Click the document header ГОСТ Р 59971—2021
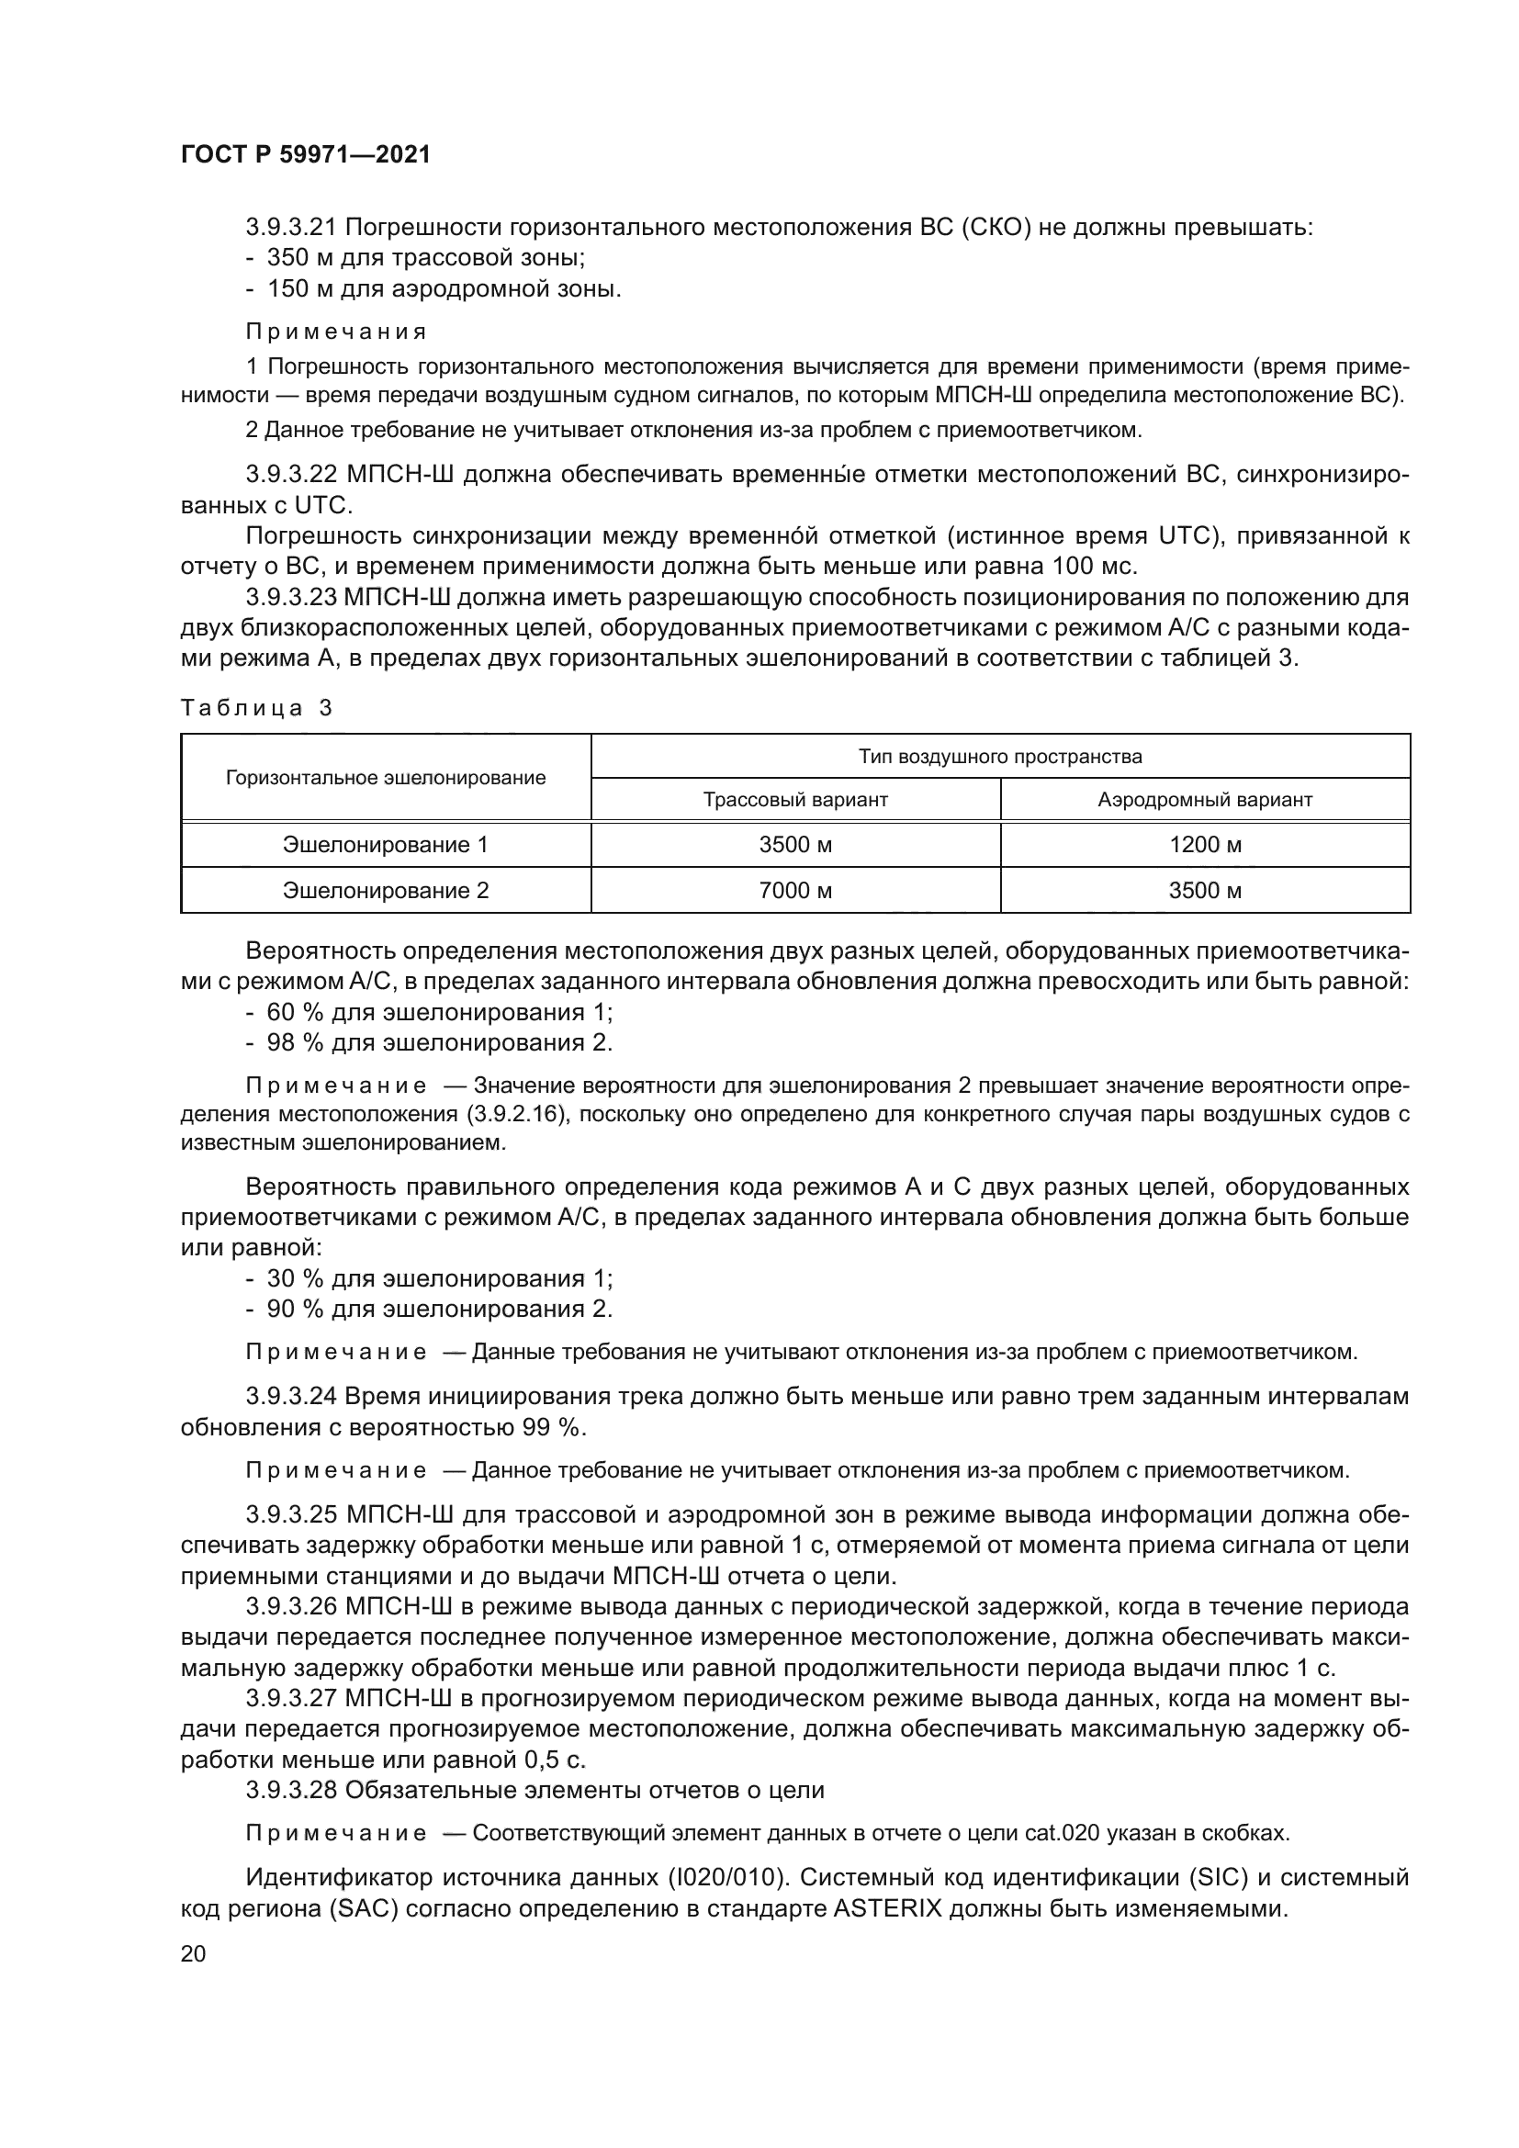pyautogui.click(x=305, y=154)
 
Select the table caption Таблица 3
pyautogui.click(x=256, y=707)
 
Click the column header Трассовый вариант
pyautogui.click(x=795, y=800)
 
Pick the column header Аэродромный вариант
pyautogui.click(x=1205, y=800)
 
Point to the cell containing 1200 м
pyautogui.click(x=1205, y=845)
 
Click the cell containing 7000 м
pyautogui.click(x=795, y=890)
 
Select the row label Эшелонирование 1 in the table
pyautogui.click(x=386, y=845)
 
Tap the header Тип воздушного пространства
pyautogui.click(x=1000, y=756)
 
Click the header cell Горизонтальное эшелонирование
pyautogui.click(x=386, y=778)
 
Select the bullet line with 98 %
pyautogui.click(x=430, y=1042)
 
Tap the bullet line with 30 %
pyautogui.click(x=430, y=1278)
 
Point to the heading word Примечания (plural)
pyautogui.click(x=336, y=332)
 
